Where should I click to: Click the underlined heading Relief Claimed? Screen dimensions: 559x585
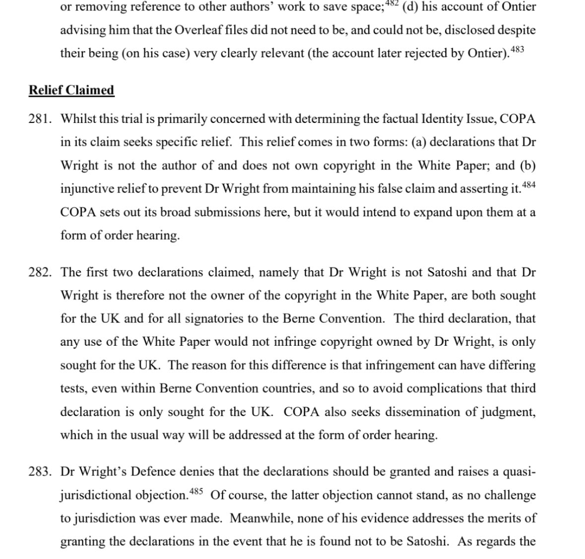[71, 90]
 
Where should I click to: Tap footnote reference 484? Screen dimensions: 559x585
[529, 185]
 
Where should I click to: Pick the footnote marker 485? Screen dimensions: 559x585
[197, 491]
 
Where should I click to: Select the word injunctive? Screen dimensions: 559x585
[86, 189]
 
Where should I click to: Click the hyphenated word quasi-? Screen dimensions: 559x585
[519, 472]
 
